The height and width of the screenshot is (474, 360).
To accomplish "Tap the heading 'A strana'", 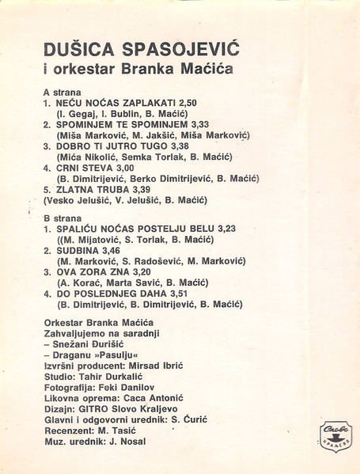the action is click(x=62, y=92).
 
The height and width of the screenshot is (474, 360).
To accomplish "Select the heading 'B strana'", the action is click(x=62, y=217).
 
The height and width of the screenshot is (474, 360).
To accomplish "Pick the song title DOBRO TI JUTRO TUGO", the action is click(x=116, y=146).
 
